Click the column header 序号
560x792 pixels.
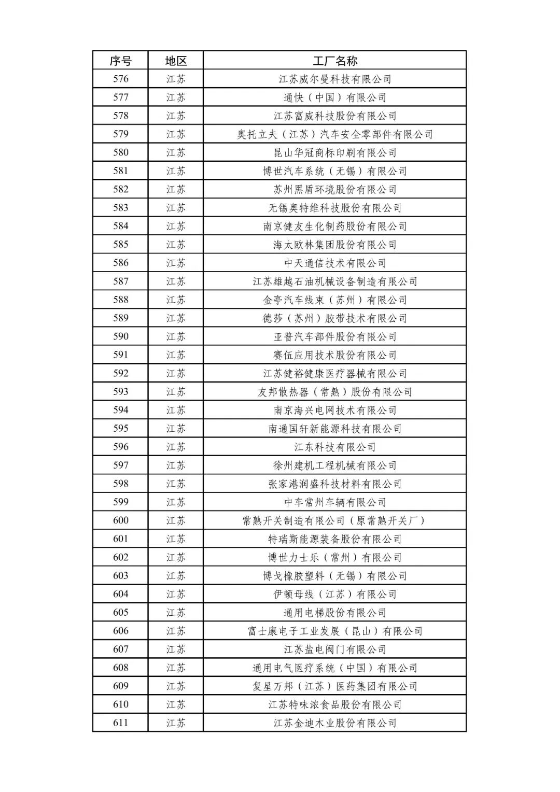coord(120,61)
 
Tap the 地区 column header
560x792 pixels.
coord(176,61)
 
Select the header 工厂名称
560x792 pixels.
coord(335,61)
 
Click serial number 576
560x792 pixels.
coord(120,79)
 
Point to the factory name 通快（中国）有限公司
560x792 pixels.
coord(335,97)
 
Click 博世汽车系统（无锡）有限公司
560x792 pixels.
coord(335,171)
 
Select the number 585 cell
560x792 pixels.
coord(120,245)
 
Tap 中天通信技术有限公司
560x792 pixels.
coord(335,263)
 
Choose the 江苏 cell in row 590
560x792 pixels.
coord(176,337)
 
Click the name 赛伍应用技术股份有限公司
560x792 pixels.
coord(335,355)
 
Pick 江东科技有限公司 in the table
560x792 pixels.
coord(335,447)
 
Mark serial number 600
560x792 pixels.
coord(120,520)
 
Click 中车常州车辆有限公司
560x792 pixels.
coord(335,502)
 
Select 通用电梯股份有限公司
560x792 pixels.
coord(335,613)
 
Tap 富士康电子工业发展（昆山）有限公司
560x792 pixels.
coord(335,631)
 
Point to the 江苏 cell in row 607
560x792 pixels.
coord(176,649)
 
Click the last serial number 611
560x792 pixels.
coord(120,723)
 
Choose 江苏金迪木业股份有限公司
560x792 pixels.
coord(335,723)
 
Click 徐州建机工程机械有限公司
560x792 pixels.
coord(335,465)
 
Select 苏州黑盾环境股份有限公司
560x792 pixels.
coord(335,190)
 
